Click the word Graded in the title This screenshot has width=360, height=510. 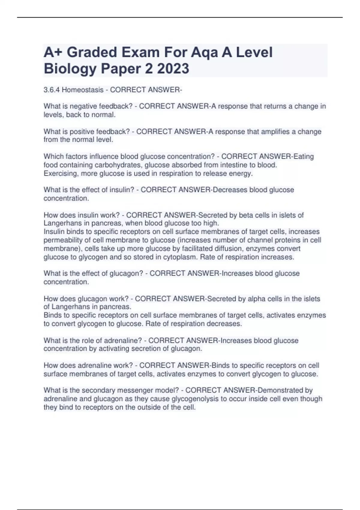pos(92,52)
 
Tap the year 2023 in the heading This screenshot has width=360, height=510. pos(173,69)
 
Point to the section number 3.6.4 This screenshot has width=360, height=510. pos(52,90)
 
